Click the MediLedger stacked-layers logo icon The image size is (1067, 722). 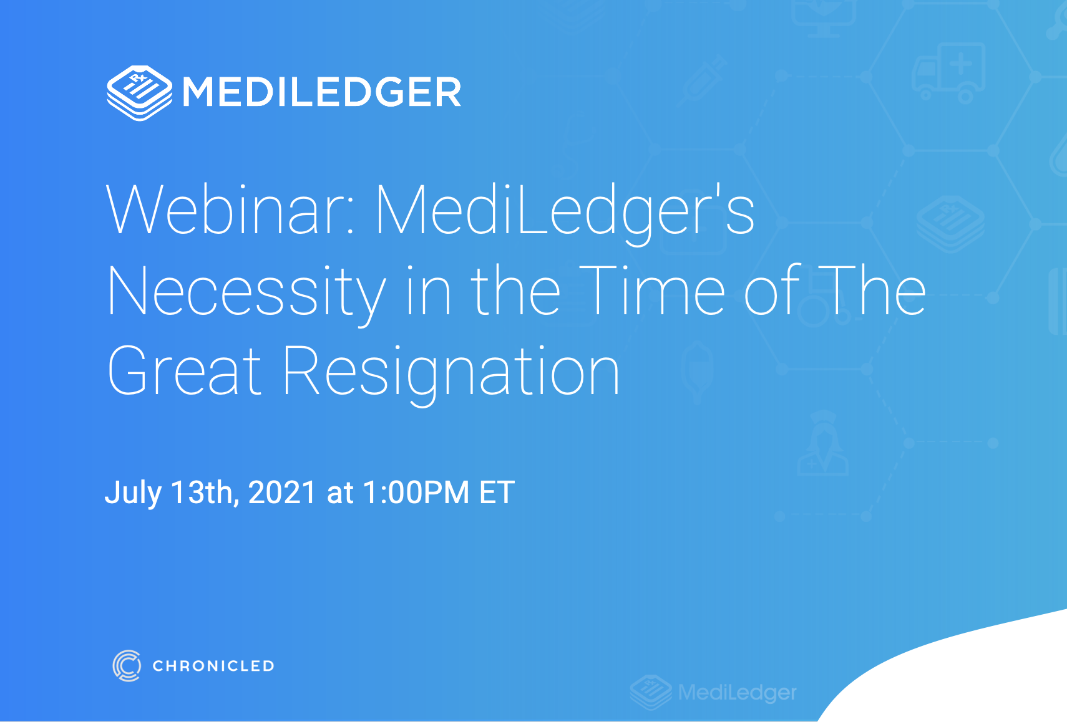click(x=139, y=93)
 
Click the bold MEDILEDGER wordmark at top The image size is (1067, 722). click(x=322, y=92)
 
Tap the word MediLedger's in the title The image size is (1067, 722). click(x=565, y=211)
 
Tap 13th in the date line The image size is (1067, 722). click(x=202, y=493)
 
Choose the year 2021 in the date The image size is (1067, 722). click(x=282, y=493)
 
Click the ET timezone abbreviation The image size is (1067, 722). click(x=497, y=493)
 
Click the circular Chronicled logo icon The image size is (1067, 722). click(x=127, y=665)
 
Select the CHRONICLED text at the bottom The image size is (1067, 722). click(x=213, y=666)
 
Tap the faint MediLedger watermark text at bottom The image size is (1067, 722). click(x=737, y=692)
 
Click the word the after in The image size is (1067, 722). click(x=515, y=291)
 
